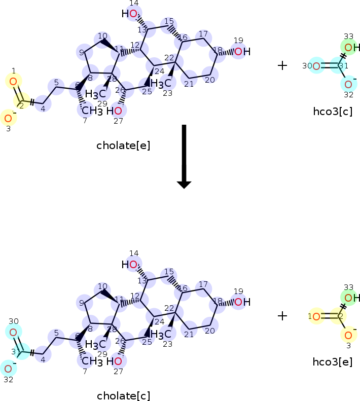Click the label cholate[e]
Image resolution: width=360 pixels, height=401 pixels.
[x=123, y=145]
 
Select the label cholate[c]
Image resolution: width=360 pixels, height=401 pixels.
[x=123, y=396]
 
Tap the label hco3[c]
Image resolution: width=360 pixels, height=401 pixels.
[x=333, y=112]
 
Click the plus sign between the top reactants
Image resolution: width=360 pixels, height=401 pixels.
[x=282, y=65]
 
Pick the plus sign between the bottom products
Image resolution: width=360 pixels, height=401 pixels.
[x=282, y=315]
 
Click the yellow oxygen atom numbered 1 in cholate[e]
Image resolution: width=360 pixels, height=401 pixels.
[x=14, y=81]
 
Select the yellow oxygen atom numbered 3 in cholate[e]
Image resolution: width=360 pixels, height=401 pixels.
[x=8, y=119]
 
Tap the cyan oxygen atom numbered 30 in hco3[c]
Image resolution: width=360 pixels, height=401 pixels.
[x=316, y=66]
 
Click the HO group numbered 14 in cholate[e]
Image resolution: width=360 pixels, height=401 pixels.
[x=130, y=14]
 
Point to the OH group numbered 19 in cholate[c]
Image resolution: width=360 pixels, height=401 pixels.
[x=242, y=302]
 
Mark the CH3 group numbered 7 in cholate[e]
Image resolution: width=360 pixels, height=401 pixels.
[x=89, y=110]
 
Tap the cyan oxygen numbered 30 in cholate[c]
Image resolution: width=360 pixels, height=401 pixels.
[x=13, y=332]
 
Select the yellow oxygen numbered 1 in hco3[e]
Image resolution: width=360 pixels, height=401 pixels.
[x=316, y=317]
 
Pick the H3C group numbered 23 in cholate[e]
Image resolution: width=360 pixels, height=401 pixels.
[x=162, y=83]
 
